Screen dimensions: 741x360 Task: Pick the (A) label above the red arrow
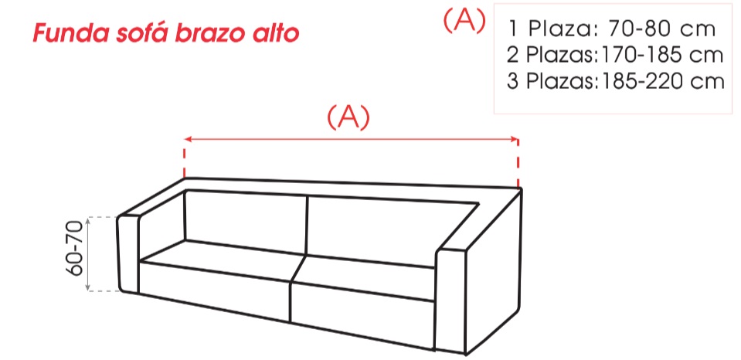tap(348, 117)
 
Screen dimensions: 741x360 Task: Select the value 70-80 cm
tap(662, 29)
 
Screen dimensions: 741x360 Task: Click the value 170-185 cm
tap(661, 55)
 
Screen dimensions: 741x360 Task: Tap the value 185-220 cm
tap(661, 81)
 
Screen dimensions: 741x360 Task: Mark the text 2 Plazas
tap(552, 55)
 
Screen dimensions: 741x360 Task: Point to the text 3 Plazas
tap(552, 81)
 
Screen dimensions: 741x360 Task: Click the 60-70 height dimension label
tap(75, 249)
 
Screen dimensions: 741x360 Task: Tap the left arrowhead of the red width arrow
tap(188, 139)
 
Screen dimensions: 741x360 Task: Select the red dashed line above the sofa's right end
tap(518, 163)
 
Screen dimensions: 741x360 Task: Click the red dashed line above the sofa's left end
tap(185, 159)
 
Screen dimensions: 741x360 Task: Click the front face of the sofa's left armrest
tap(128, 253)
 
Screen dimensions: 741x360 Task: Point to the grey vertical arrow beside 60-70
tap(88, 253)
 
